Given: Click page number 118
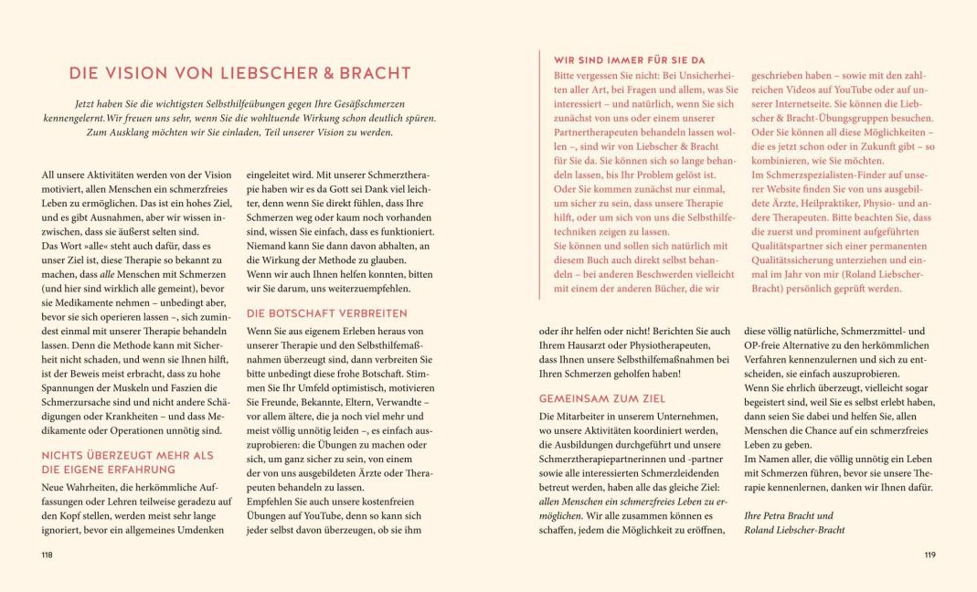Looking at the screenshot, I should [x=48, y=555].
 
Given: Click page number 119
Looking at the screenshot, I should [x=929, y=555].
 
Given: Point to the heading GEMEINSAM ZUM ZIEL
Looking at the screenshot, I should [x=602, y=398].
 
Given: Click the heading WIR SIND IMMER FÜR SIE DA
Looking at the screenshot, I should [x=630, y=60].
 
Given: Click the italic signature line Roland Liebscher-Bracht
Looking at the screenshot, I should [x=794, y=529].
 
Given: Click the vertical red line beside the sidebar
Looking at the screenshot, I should [x=540, y=174].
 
